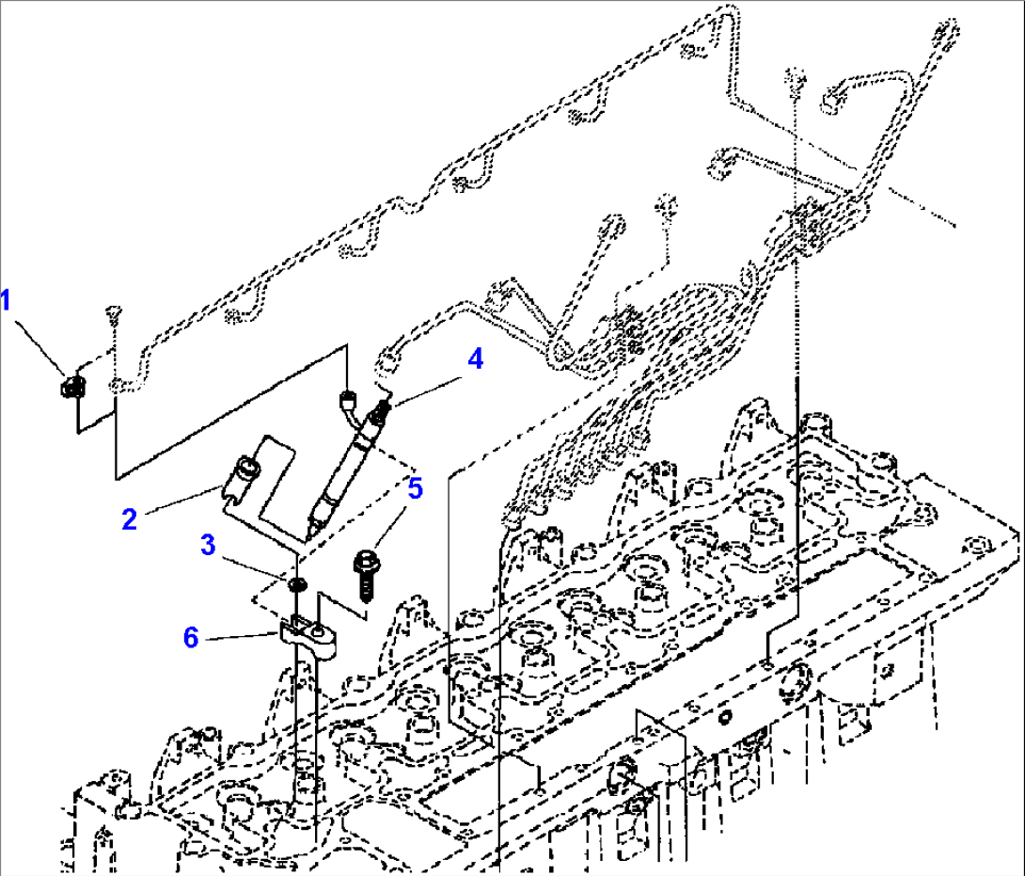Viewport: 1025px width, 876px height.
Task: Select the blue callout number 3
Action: click(x=208, y=545)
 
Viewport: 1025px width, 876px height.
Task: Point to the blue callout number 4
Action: click(x=476, y=358)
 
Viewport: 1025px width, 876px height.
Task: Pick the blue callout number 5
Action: click(x=414, y=488)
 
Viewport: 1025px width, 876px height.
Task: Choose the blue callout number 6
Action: click(x=191, y=638)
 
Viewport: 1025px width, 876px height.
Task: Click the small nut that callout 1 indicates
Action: click(x=71, y=386)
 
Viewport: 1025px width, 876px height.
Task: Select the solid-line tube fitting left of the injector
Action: click(x=348, y=404)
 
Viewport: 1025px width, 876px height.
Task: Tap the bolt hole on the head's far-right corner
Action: click(x=979, y=545)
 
